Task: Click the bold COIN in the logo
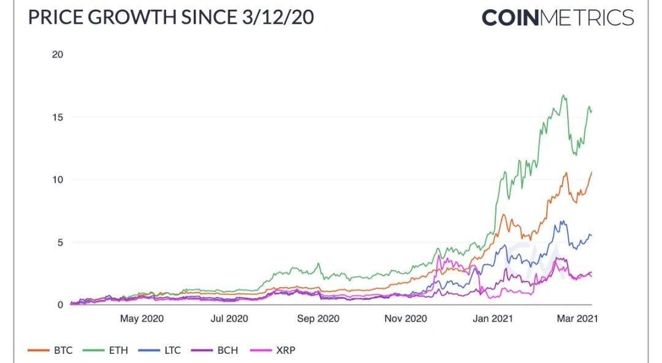pyautogui.click(x=510, y=17)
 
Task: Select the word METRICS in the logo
pyautogui.click(x=587, y=17)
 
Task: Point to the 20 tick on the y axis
pyautogui.click(x=58, y=54)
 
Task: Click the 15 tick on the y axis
pyautogui.click(x=58, y=117)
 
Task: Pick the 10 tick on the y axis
pyautogui.click(x=58, y=179)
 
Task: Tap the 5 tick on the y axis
pyautogui.click(x=60, y=242)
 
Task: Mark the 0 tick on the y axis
pyautogui.click(x=60, y=305)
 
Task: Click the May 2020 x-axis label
pyautogui.click(x=142, y=319)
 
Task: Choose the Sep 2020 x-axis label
pyautogui.click(x=318, y=319)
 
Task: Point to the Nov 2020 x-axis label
pyautogui.click(x=406, y=319)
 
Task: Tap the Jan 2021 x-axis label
pyautogui.click(x=493, y=319)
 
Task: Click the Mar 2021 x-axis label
pyautogui.click(x=577, y=319)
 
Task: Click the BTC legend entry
pyautogui.click(x=51, y=351)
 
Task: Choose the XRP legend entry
pyautogui.click(x=277, y=351)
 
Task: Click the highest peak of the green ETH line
pyautogui.click(x=563, y=95)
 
